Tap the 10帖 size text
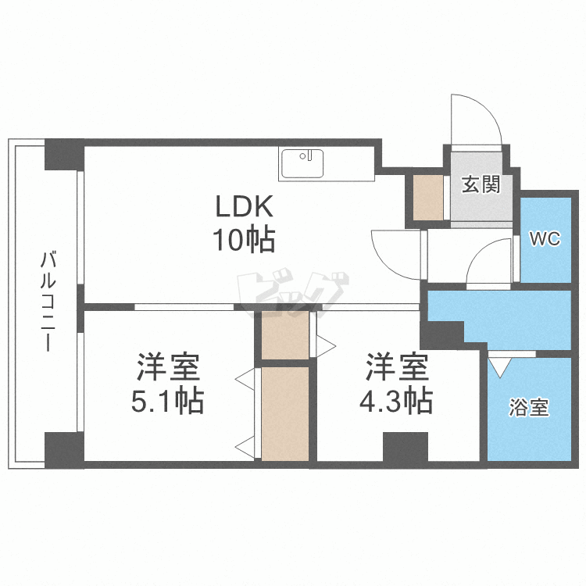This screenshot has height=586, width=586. tap(243, 238)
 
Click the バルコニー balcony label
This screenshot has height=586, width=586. tap(48, 301)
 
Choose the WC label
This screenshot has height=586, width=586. tap(545, 239)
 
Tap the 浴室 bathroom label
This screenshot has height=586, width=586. tap(529, 407)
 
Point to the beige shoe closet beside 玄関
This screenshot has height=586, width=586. tap(428, 198)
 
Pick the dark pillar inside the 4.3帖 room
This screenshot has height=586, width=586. tap(405, 448)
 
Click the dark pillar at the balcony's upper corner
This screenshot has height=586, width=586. tap(63, 155)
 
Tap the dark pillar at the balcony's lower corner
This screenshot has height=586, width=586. tap(63, 448)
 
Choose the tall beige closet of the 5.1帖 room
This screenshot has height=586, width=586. tap(285, 413)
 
